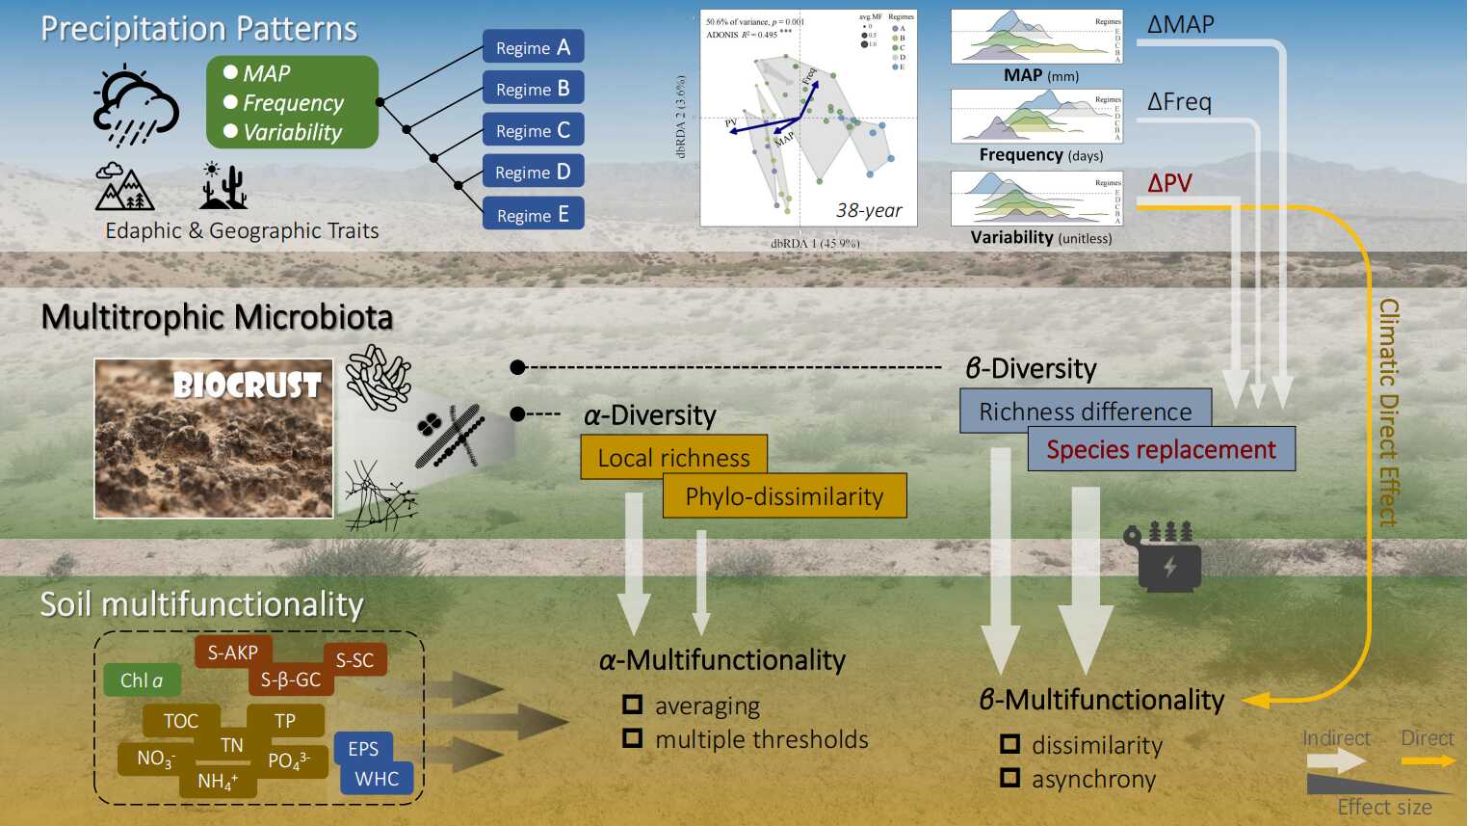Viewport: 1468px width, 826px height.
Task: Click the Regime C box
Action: click(533, 130)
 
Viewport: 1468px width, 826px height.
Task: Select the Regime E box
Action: click(533, 214)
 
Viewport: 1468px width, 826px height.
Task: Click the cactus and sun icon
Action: click(223, 186)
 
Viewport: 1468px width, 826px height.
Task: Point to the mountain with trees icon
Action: click(124, 187)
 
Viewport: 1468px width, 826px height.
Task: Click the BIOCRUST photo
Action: click(214, 439)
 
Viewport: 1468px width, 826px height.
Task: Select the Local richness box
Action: click(673, 457)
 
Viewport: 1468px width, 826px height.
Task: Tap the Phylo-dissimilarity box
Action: click(784, 496)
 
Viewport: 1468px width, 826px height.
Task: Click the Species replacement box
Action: click(1161, 450)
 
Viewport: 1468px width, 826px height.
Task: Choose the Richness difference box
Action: click(1085, 412)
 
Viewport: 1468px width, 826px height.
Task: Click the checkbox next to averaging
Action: click(633, 705)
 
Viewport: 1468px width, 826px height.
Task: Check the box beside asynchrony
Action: click(1009, 777)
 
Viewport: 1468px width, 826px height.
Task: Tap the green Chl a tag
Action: click(142, 680)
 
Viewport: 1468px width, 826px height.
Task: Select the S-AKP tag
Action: click(233, 653)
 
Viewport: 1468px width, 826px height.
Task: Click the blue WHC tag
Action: click(377, 779)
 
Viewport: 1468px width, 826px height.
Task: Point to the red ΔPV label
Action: click(1169, 183)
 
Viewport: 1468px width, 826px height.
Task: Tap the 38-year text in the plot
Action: click(869, 210)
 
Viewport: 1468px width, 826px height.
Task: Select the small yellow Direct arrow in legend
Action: click(1428, 760)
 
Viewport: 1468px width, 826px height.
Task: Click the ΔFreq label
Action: click(1179, 101)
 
